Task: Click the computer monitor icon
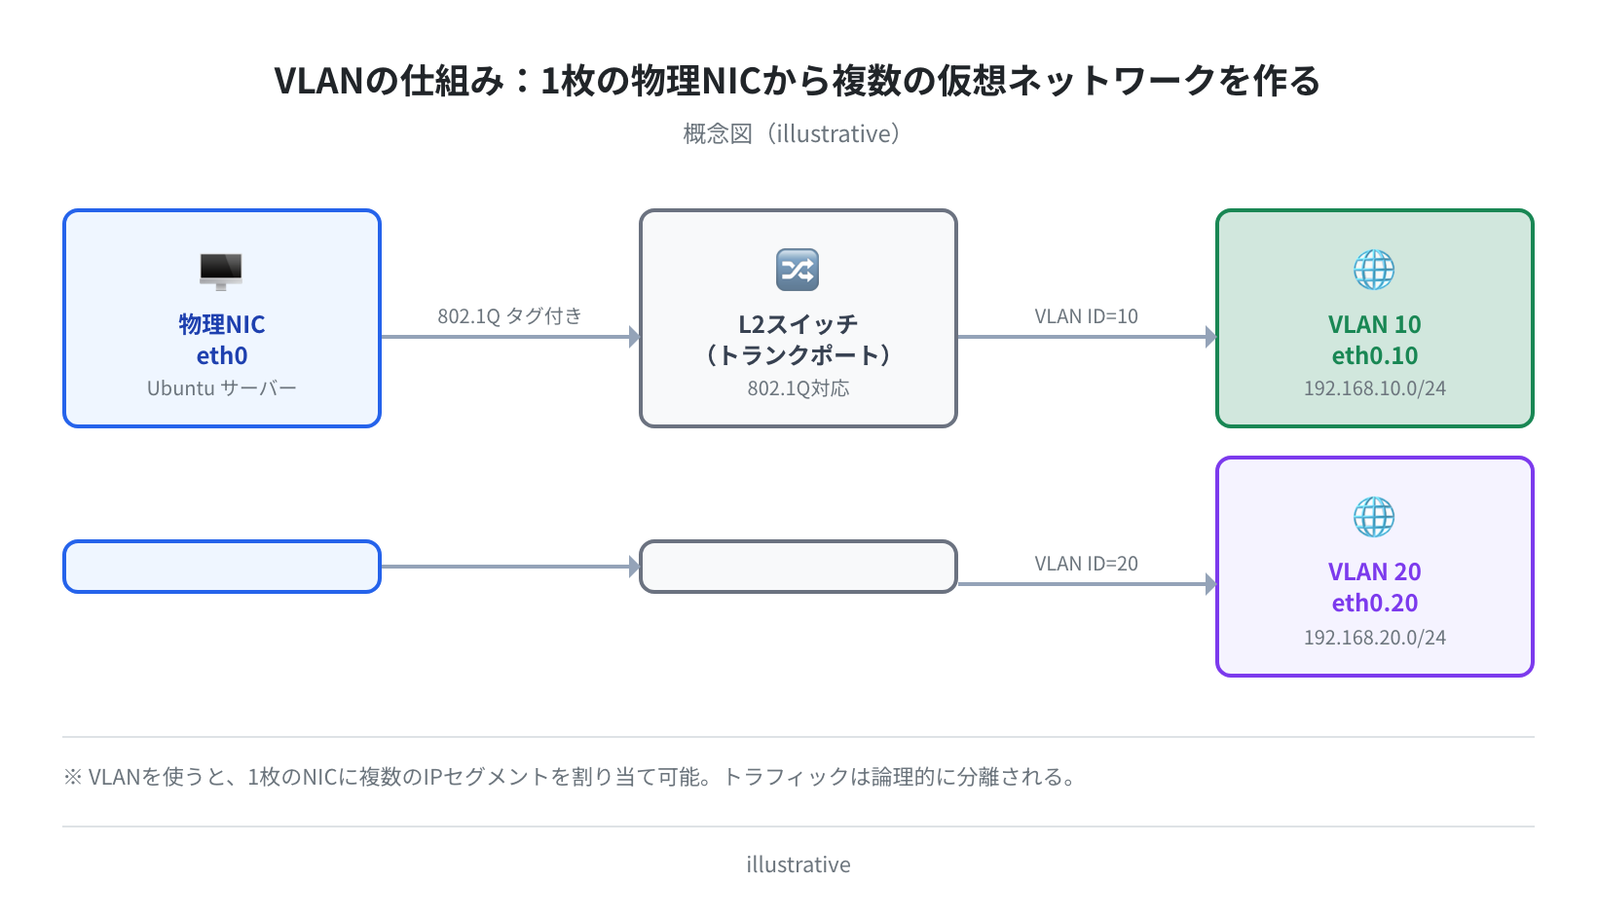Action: (x=221, y=271)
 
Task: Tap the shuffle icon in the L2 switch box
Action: (x=798, y=270)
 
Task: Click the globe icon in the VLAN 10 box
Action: (x=1374, y=270)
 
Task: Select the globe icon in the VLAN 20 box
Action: (x=1374, y=517)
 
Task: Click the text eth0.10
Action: (x=1375, y=355)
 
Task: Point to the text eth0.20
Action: (x=1375, y=603)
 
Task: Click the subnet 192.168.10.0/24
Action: (x=1375, y=387)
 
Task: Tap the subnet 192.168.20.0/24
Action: (x=1375, y=637)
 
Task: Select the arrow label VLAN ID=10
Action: (x=1086, y=315)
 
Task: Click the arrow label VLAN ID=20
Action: (x=1086, y=564)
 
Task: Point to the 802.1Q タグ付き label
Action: (x=509, y=315)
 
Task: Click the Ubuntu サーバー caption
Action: (x=221, y=387)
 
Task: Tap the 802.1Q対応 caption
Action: (x=798, y=387)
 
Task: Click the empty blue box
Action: (x=222, y=567)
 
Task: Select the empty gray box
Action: (x=798, y=567)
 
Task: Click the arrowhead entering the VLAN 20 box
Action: (x=1210, y=584)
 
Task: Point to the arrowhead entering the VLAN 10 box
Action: (x=1210, y=337)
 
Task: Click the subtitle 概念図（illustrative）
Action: (x=792, y=133)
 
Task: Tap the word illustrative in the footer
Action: (x=798, y=864)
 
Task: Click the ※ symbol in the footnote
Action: (x=73, y=777)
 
